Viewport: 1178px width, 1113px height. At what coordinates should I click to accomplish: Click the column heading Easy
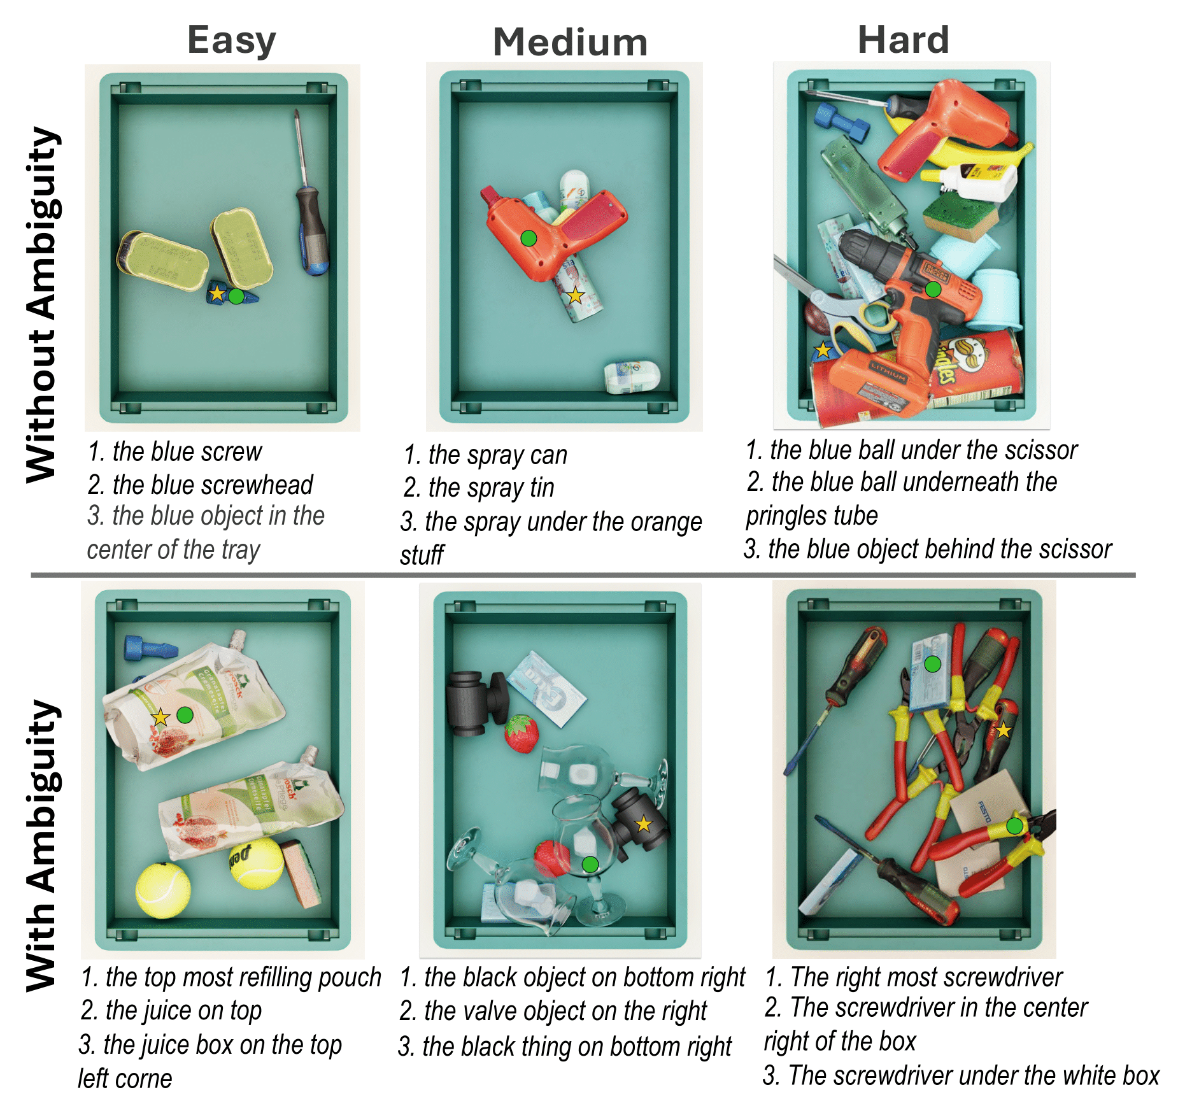coord(232,40)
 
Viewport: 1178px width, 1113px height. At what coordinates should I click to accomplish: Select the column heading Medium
coord(570,42)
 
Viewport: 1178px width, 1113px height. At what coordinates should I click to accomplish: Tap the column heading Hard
coord(904,39)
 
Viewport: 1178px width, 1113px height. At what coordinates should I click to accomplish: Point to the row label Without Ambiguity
coord(43,304)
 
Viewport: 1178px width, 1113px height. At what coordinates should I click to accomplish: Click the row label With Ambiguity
coord(43,846)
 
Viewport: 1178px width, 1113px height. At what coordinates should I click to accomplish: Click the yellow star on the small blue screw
coord(217,294)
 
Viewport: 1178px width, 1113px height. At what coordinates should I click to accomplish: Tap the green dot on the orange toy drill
coord(529,238)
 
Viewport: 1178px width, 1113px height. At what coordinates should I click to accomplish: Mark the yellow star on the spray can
coord(575,295)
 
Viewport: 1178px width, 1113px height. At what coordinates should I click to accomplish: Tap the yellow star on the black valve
coord(644,824)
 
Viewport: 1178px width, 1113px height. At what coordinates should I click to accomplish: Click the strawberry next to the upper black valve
coord(522,734)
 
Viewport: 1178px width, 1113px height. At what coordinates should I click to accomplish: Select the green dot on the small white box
coord(932,664)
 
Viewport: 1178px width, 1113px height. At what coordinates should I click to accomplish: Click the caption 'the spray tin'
coord(479,488)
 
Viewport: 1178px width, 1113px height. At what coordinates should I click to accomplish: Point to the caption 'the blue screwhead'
coord(201,485)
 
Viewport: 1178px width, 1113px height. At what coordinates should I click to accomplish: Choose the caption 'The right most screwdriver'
coord(914,977)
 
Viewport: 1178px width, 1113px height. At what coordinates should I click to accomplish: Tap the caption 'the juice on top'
coord(171,1010)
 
